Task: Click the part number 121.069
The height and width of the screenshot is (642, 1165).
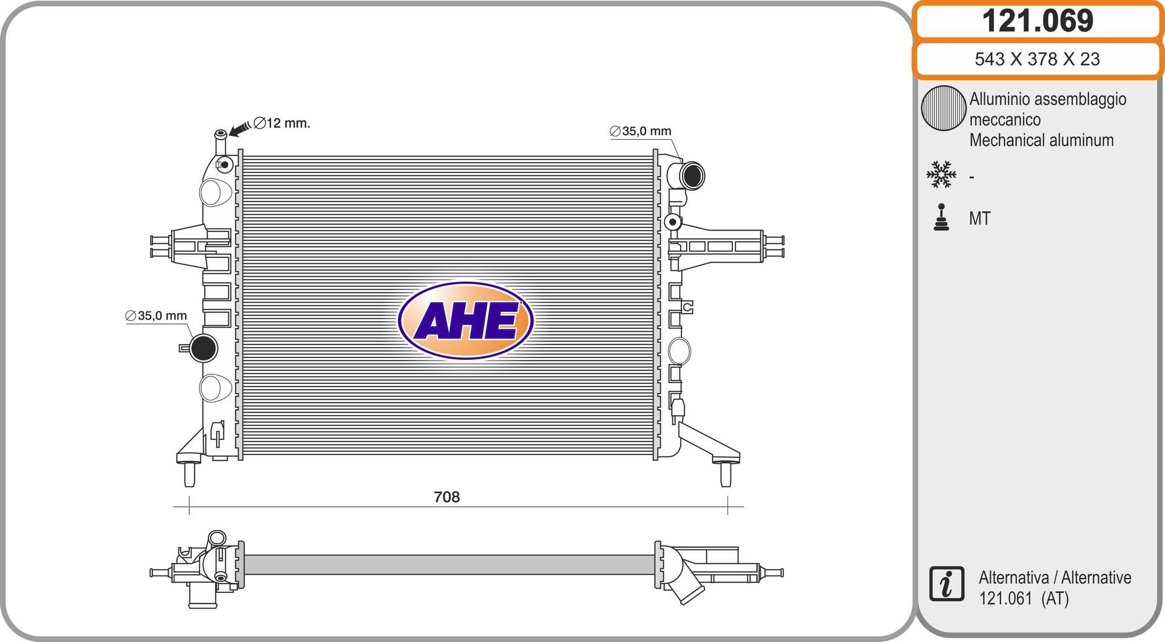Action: pyautogui.click(x=1038, y=21)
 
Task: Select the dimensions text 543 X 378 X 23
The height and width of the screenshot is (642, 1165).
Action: pyautogui.click(x=1037, y=59)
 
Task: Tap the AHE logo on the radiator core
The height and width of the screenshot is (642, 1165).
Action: pyautogui.click(x=466, y=320)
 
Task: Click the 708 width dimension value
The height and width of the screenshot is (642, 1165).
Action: pyautogui.click(x=447, y=497)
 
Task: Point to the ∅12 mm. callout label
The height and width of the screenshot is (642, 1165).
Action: pyautogui.click(x=282, y=123)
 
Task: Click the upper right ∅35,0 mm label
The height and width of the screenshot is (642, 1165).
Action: pyautogui.click(x=641, y=131)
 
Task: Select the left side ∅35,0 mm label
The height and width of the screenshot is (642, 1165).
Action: pyautogui.click(x=156, y=316)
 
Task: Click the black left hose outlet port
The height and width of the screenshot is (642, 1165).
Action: pyautogui.click(x=203, y=348)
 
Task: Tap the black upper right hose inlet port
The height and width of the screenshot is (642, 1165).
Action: pyautogui.click(x=692, y=176)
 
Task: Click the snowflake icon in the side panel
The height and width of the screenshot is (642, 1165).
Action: pyautogui.click(x=941, y=175)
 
